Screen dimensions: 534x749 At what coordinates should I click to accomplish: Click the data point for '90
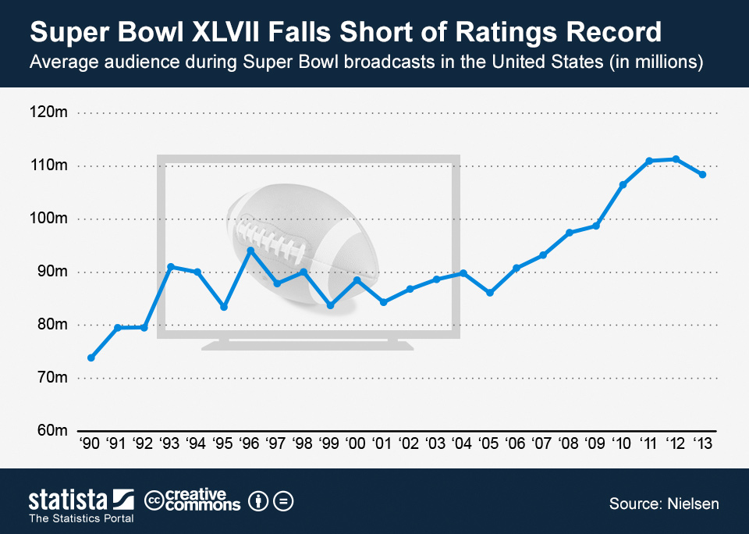coord(91,358)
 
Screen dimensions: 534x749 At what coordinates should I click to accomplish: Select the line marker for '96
coord(250,251)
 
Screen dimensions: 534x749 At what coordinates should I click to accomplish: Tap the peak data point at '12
coord(676,159)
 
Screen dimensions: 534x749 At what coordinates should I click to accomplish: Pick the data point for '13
coord(702,175)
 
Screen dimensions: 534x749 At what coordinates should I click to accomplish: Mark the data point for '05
coord(489,293)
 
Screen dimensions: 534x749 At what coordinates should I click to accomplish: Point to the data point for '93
coord(171,267)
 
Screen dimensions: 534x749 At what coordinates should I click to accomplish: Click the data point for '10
coord(623,185)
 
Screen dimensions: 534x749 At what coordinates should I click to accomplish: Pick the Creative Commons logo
coord(193,500)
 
